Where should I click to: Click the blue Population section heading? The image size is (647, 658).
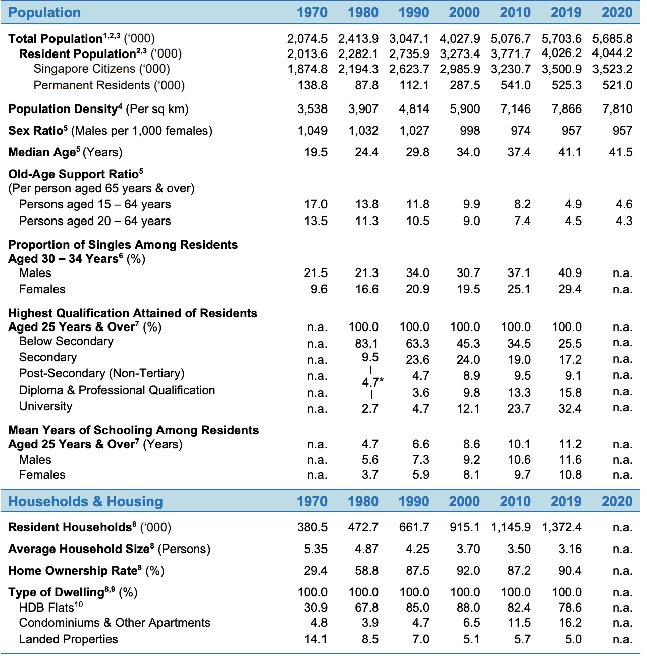(x=44, y=13)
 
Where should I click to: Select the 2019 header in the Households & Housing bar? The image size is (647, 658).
(x=566, y=501)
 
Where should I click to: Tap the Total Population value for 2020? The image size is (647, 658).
(x=612, y=38)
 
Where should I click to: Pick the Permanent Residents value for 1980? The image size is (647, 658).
(x=366, y=85)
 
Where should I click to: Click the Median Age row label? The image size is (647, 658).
(x=65, y=152)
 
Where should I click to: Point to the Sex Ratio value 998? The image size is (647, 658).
(x=470, y=131)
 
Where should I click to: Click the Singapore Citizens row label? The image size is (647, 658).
(x=101, y=69)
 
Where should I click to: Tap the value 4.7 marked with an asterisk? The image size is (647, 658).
(x=372, y=382)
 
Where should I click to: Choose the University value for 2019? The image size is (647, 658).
(x=570, y=408)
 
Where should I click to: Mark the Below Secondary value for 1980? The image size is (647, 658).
(x=366, y=344)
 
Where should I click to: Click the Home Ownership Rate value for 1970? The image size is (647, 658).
(x=316, y=571)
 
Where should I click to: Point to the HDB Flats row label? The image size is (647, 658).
(x=51, y=607)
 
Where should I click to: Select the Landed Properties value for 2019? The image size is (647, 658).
(x=573, y=639)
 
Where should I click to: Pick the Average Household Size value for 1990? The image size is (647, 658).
(x=417, y=549)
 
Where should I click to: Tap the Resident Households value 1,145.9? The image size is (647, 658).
(x=511, y=527)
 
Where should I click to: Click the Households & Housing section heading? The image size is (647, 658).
(x=86, y=501)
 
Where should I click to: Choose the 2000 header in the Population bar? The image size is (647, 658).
(x=464, y=13)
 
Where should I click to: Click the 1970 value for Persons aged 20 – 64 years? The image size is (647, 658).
(x=316, y=221)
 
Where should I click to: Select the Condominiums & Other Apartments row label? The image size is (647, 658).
(x=115, y=623)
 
